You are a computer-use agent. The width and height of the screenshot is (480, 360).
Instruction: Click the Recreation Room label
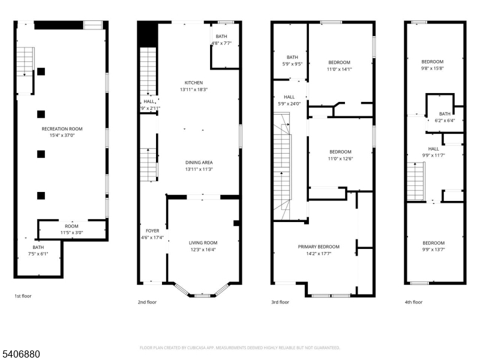click(x=62, y=129)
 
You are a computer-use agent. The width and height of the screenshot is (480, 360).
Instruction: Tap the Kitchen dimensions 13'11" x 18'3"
click(x=193, y=89)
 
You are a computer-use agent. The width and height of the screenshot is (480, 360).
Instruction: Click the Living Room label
click(x=203, y=242)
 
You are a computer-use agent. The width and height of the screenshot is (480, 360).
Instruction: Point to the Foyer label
click(x=152, y=230)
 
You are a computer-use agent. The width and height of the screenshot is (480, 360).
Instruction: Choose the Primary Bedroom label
click(x=319, y=247)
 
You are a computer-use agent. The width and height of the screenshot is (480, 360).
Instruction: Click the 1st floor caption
click(x=23, y=295)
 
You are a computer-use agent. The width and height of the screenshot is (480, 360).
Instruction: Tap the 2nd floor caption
click(x=147, y=302)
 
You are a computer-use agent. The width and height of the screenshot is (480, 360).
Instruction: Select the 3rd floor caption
click(x=280, y=302)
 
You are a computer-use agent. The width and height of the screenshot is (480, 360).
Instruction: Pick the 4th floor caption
click(x=413, y=302)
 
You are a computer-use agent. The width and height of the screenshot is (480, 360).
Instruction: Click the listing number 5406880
click(x=20, y=355)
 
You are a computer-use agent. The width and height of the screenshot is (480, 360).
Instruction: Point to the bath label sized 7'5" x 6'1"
click(x=38, y=247)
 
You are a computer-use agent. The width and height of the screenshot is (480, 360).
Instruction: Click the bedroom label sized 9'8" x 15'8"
click(x=432, y=62)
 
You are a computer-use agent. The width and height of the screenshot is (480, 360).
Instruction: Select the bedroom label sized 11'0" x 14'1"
click(x=340, y=62)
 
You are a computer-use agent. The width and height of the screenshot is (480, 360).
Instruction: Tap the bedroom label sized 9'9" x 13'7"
click(x=433, y=242)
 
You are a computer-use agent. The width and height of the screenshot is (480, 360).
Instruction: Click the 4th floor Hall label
click(x=433, y=149)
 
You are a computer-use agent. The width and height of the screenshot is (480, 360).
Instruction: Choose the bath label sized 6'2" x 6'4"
click(x=445, y=113)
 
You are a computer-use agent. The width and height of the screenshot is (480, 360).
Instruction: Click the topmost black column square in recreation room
click(x=41, y=71)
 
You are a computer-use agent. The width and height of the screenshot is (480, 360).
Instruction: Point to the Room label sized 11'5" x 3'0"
click(x=71, y=226)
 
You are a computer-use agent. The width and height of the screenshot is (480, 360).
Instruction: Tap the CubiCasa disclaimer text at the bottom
click(x=240, y=347)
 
